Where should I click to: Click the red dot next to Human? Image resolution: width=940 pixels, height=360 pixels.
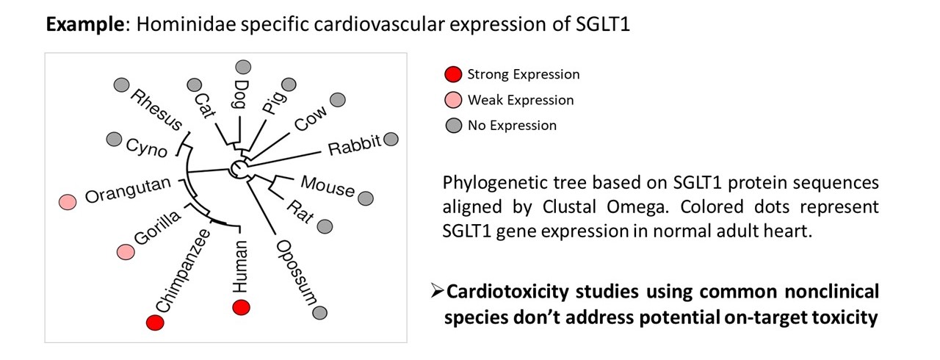240,307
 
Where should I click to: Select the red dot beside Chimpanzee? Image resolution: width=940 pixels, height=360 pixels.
154,322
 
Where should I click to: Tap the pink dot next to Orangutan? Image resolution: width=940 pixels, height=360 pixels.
68,201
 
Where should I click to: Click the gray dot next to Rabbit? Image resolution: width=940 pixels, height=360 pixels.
391,139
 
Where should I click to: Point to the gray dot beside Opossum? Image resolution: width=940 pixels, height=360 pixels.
319,313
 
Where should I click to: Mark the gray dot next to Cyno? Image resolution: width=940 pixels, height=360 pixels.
114,139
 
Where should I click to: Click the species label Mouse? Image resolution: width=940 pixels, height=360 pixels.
328,187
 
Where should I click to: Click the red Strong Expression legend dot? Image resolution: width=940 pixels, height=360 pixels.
453,74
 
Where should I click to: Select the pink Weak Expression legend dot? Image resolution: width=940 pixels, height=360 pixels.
453,100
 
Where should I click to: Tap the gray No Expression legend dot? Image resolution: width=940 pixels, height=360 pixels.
453,126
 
